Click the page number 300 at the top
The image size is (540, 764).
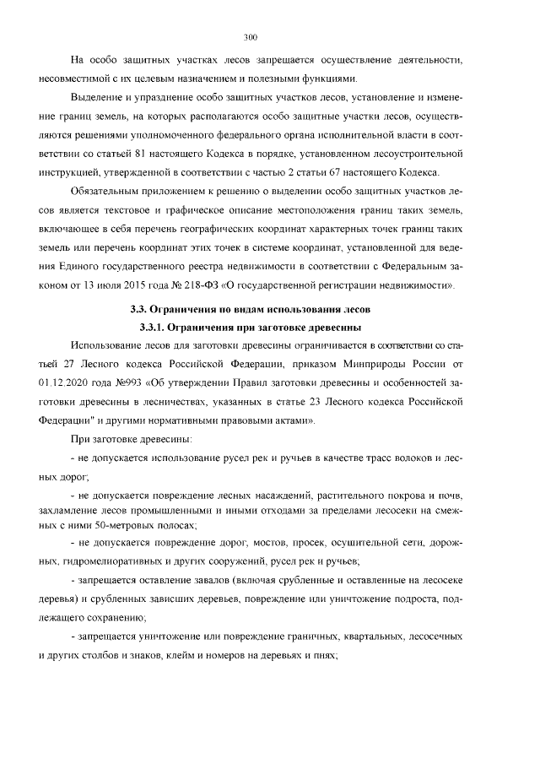pos(249,37)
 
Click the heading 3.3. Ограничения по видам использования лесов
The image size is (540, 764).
pos(249,311)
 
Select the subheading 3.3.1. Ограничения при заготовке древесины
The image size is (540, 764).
pos(249,328)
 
